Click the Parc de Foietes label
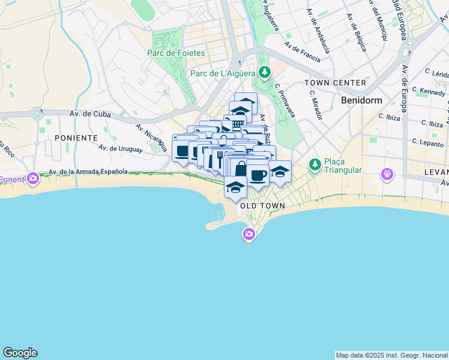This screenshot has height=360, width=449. (x=176, y=53)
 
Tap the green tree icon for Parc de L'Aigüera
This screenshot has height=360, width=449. (x=264, y=73)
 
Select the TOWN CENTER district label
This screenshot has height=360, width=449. (x=335, y=83)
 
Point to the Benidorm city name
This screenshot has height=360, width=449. (x=361, y=100)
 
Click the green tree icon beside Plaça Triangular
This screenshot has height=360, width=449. (x=314, y=164)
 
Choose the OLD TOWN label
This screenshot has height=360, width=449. (x=262, y=206)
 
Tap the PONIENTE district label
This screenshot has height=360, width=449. (x=76, y=137)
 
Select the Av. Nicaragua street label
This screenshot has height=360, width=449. (x=151, y=138)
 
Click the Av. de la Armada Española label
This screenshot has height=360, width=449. (x=88, y=172)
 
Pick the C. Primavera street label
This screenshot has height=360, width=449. (x=285, y=100)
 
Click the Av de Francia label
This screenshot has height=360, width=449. (x=303, y=52)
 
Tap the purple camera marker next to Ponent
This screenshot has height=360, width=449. (x=33, y=178)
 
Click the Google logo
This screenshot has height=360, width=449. (x=20, y=353)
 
